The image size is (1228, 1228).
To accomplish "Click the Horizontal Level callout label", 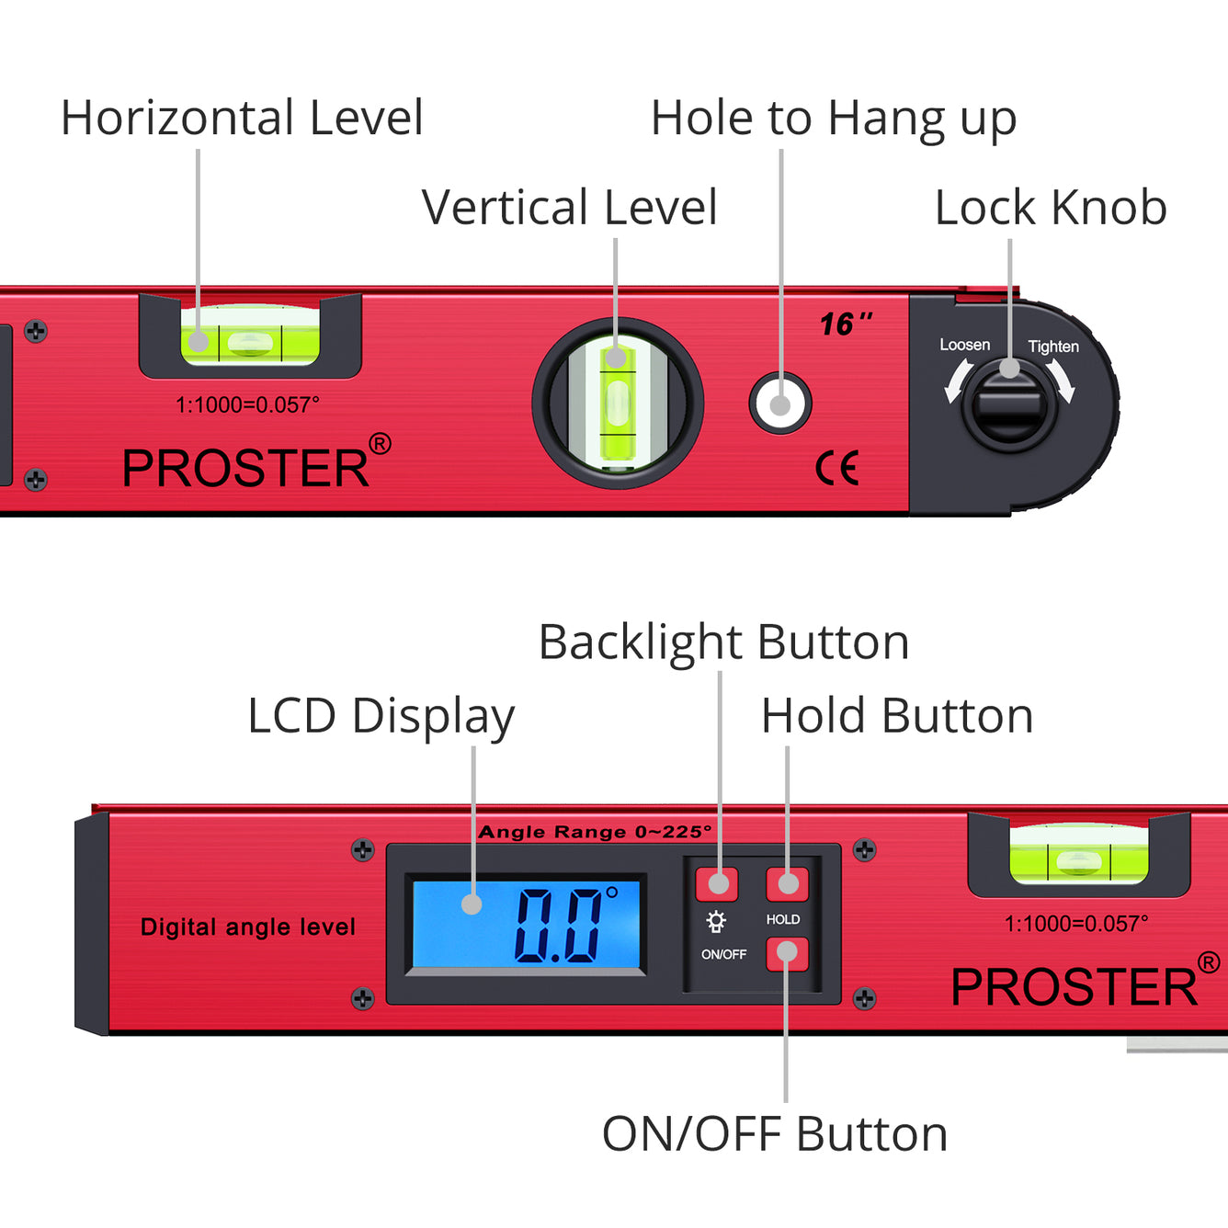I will (242, 118).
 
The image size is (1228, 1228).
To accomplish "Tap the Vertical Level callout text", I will (569, 207).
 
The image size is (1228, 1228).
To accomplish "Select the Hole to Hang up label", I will (833, 119).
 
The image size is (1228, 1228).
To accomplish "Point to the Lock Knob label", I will (1051, 207).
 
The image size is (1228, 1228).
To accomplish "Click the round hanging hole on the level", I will (780, 404).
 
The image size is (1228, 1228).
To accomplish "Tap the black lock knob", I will (1009, 404).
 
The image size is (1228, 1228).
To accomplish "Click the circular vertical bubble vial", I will (618, 404).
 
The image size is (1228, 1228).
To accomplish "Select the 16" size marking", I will (845, 324).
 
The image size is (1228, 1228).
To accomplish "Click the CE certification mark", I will (837, 468).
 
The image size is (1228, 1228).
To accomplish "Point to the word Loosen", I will (964, 345).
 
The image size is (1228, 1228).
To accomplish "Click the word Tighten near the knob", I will (1053, 347).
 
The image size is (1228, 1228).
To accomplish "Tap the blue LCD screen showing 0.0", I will (526, 923).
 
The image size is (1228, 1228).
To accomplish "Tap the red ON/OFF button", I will (787, 954).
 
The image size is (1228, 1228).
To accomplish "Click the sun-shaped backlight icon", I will (716, 921).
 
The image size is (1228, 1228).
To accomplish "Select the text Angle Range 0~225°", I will (595, 832).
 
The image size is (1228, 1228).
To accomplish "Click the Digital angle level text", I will (247, 927).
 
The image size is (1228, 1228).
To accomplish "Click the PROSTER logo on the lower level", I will (1074, 986).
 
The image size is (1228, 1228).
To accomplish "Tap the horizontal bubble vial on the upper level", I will (250, 343).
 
